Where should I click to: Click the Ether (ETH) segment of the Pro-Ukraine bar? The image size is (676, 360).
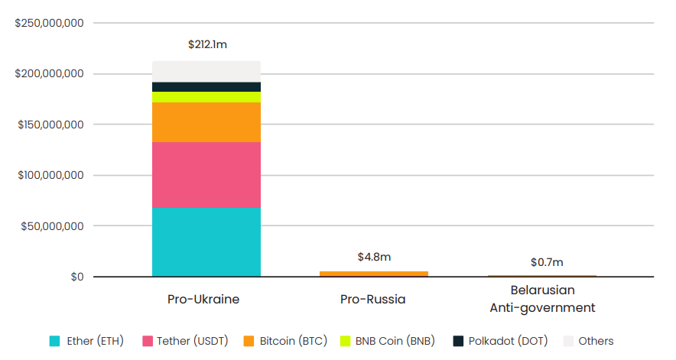click(x=206, y=242)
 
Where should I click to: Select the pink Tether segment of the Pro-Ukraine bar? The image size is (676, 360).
click(x=206, y=174)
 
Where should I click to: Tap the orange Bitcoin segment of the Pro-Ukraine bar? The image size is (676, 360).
click(x=206, y=122)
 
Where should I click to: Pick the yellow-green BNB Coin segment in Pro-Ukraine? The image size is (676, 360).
click(x=206, y=97)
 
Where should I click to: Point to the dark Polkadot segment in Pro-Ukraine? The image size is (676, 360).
click(x=206, y=86)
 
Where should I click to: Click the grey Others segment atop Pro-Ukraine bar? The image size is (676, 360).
click(x=206, y=71)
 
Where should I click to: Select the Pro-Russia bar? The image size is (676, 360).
click(x=373, y=274)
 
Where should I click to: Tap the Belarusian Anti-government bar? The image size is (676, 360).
click(x=541, y=275)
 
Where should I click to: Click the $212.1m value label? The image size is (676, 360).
click(x=207, y=44)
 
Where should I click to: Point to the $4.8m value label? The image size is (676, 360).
click(x=373, y=257)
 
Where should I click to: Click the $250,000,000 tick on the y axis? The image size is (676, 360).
click(x=50, y=24)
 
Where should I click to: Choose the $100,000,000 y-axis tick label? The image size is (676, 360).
click(x=50, y=176)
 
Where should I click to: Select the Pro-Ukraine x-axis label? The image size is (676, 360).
click(x=203, y=299)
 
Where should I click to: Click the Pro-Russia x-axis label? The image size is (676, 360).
click(x=373, y=299)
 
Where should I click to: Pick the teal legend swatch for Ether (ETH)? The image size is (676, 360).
click(x=54, y=341)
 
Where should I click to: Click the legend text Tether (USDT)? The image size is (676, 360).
click(x=193, y=341)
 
